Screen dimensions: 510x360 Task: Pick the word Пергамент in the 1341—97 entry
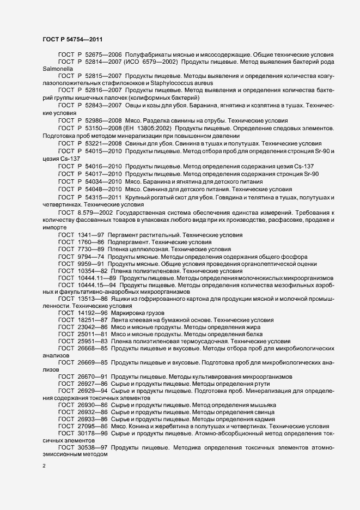(125, 234)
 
